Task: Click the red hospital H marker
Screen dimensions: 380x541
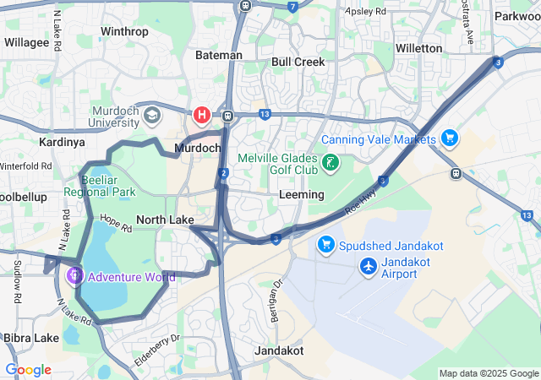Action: (x=202, y=114)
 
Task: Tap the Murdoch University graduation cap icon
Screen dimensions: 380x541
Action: (x=152, y=115)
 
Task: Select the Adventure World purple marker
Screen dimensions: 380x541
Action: (x=74, y=275)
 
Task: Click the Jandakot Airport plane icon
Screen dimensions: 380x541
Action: (x=369, y=267)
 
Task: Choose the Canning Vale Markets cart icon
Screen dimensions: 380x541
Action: (x=449, y=138)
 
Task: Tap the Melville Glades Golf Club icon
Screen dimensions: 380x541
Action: (x=330, y=162)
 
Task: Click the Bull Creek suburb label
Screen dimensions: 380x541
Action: (x=298, y=62)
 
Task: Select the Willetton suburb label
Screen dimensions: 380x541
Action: (x=418, y=48)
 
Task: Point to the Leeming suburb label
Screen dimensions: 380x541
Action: (x=301, y=194)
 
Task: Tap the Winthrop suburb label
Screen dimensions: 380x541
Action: (x=124, y=32)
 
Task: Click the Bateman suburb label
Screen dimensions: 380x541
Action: (x=219, y=55)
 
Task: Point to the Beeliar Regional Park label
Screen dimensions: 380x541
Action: (x=107, y=186)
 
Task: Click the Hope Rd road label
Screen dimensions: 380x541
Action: (x=116, y=222)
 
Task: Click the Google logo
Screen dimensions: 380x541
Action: (x=28, y=370)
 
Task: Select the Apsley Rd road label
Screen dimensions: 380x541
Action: (x=366, y=13)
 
